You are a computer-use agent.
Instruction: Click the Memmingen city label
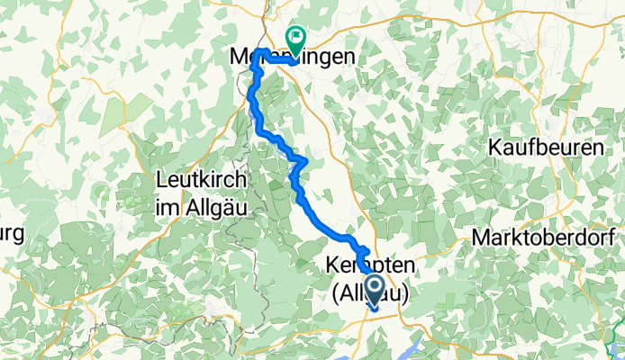click(288, 56)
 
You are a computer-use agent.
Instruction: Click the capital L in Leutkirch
click(162, 179)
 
